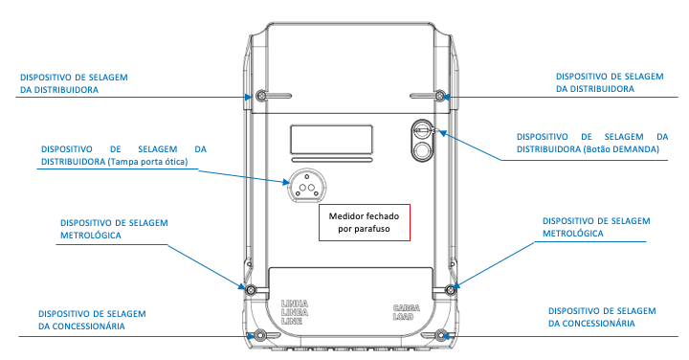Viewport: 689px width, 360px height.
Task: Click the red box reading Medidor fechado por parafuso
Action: pos(365,222)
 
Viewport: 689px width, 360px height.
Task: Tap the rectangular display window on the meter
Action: pos(331,140)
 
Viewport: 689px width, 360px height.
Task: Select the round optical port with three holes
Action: pos(307,186)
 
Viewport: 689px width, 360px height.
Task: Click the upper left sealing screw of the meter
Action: pos(261,96)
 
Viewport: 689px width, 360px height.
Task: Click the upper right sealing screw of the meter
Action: pos(440,96)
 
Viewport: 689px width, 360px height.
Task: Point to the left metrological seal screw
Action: pos(251,290)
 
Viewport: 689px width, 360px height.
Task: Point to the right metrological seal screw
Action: pos(451,290)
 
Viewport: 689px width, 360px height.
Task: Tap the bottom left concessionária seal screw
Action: pos(260,336)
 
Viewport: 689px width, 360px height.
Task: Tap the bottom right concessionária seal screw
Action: pos(441,336)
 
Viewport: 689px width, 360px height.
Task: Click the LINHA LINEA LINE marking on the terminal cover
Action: pos(295,312)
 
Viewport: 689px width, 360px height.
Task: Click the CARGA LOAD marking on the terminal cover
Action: pos(407,312)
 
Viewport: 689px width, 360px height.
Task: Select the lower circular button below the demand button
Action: pos(422,150)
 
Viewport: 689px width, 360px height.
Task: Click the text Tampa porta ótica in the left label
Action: pos(147,162)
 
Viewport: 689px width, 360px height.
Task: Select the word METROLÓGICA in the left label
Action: pos(91,236)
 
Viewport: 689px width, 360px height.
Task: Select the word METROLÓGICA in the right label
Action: pos(573,234)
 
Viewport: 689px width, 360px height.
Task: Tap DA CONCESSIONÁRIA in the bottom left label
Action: pos(81,326)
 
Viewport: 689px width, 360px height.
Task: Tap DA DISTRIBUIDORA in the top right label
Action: pos(595,89)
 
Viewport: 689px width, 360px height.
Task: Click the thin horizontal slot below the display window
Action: pos(332,160)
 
